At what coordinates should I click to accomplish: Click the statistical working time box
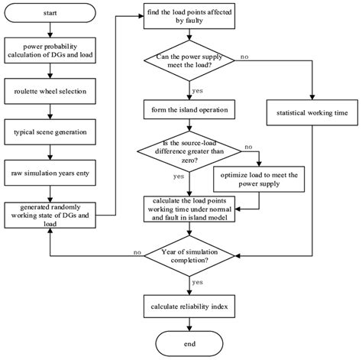(x=313, y=114)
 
